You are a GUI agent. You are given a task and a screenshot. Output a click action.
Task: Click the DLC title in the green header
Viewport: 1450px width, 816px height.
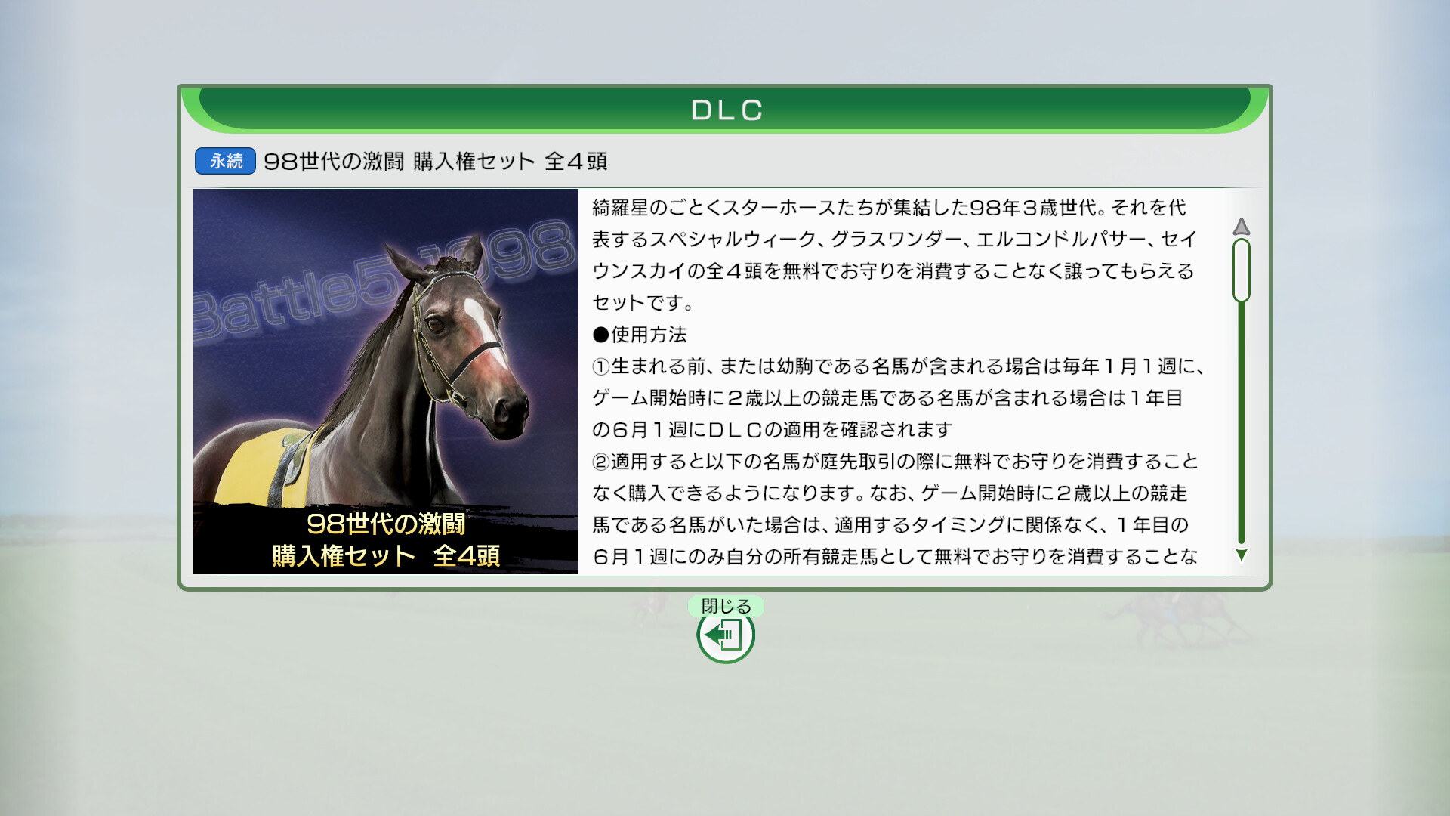(727, 110)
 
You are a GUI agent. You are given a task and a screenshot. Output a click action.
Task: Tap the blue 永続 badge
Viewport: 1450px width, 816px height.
(225, 161)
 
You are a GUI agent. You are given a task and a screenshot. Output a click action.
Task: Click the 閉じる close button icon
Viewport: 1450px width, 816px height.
(726, 635)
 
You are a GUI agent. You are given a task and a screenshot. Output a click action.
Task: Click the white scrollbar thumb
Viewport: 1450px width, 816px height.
(1241, 270)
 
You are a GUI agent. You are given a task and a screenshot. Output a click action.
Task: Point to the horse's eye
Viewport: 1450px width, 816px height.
(436, 325)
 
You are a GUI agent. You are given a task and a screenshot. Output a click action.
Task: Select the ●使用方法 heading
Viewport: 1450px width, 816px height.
(640, 335)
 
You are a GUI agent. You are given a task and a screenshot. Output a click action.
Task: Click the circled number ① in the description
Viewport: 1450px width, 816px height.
(601, 366)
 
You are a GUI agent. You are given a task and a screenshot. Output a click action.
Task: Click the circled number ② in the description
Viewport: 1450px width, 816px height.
(601, 462)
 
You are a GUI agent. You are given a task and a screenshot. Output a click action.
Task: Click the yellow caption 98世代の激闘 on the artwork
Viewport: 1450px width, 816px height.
(386, 524)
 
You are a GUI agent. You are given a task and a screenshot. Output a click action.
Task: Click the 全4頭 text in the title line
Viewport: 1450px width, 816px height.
(575, 161)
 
